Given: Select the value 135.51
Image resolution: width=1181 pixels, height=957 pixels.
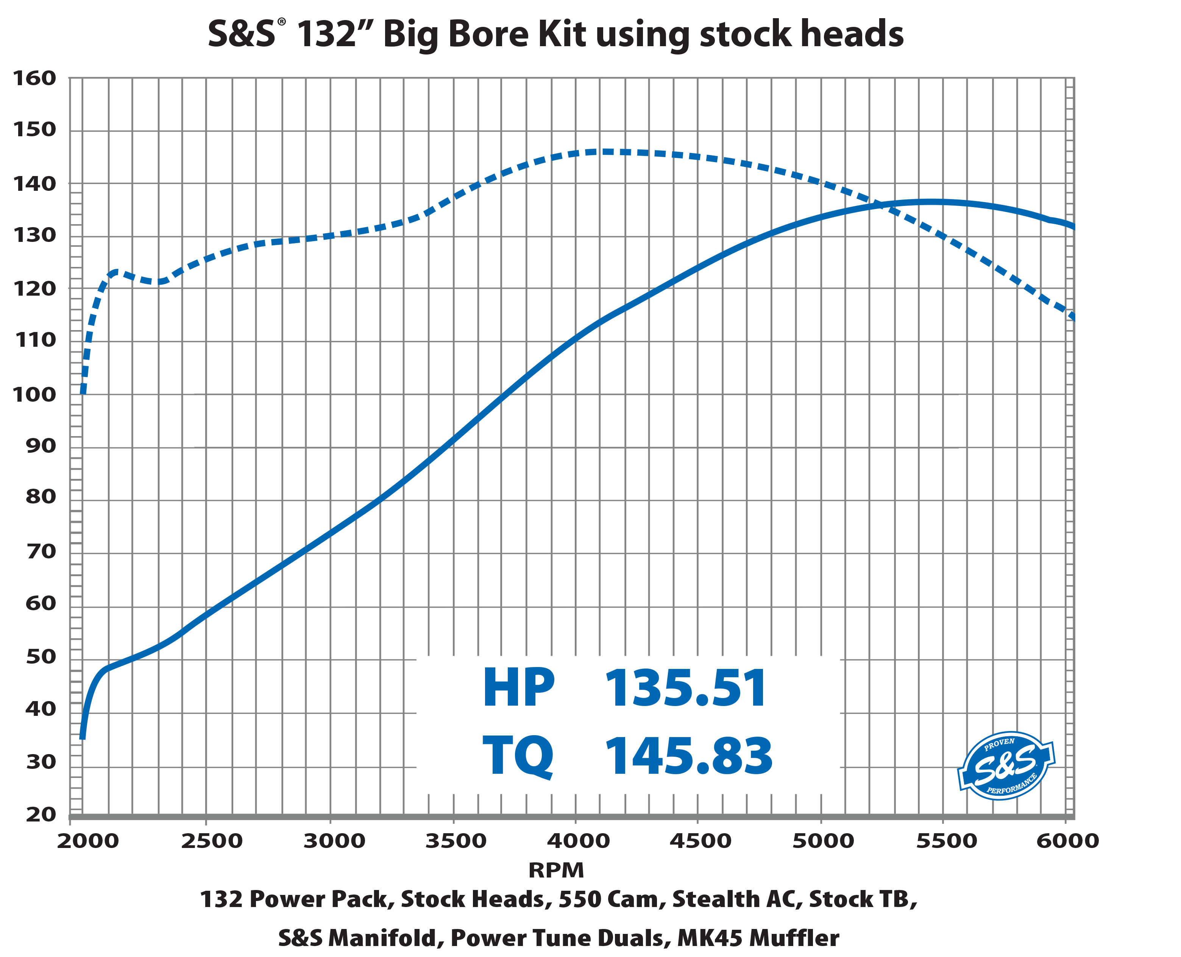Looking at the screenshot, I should pyautogui.click(x=686, y=687).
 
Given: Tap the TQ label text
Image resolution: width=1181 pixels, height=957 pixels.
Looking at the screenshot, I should pyautogui.click(x=517, y=756).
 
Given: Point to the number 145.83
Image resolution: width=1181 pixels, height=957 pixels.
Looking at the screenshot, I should pyautogui.click(x=689, y=756).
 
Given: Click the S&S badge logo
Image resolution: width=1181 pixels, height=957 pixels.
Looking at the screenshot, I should pyautogui.click(x=1006, y=766).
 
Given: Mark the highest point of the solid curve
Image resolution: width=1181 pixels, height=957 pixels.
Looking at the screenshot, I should pyautogui.click(x=932, y=202).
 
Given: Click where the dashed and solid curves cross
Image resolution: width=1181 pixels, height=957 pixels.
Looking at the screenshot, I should pyautogui.click(x=882, y=205).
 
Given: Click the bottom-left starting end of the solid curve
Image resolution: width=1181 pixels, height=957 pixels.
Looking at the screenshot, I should pyautogui.click(x=82, y=737).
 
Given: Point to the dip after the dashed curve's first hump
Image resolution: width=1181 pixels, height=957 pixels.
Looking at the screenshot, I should pyautogui.click(x=159, y=282).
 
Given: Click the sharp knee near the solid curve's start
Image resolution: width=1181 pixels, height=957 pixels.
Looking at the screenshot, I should pyautogui.click(x=108, y=668).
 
